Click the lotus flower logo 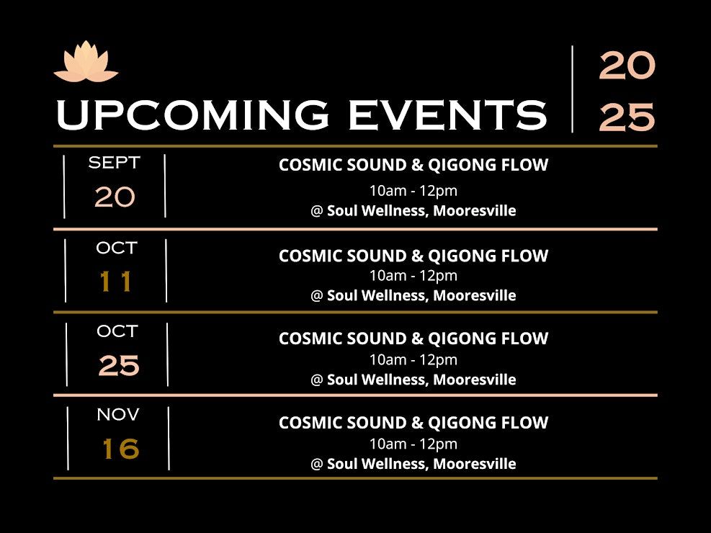(86, 62)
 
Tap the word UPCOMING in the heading (193, 115)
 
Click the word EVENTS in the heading (447, 115)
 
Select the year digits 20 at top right (627, 66)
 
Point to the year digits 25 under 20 (627, 117)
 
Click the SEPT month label (115, 162)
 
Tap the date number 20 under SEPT (115, 197)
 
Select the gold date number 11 (116, 281)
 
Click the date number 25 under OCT (119, 365)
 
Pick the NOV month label (118, 414)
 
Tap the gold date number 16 (120, 449)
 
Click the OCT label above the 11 (117, 248)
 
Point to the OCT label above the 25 (117, 331)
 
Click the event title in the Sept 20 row (413, 165)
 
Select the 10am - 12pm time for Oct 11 (413, 276)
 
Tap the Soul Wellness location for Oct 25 (421, 380)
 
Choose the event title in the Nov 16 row (413, 423)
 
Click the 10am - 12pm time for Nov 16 (413, 444)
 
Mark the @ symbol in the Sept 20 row (316, 211)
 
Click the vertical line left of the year (572, 89)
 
